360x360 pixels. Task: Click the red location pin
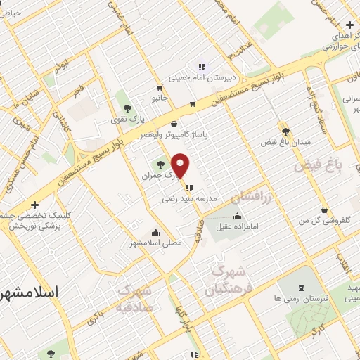(181, 165)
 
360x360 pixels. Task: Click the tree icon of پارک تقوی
(127, 108)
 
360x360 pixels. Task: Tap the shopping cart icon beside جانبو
(192, 104)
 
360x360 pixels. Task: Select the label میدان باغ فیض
(285, 143)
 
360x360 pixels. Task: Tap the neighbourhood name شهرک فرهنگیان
(228, 281)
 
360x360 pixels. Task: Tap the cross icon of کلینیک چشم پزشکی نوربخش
(35, 205)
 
